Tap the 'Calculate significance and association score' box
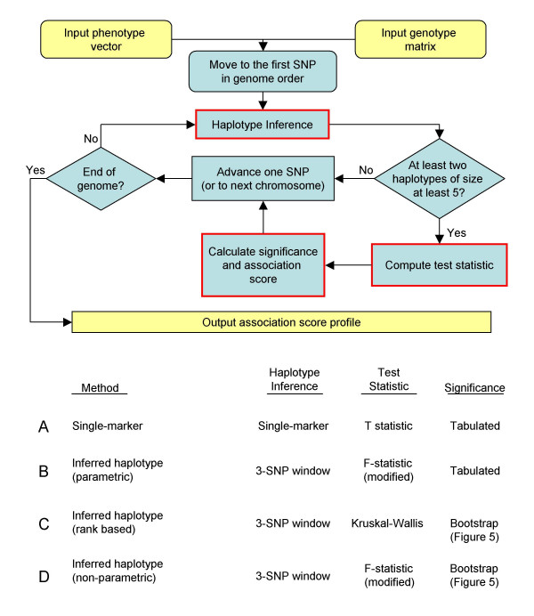[x=263, y=264]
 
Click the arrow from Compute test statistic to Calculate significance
[x=346, y=264]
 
